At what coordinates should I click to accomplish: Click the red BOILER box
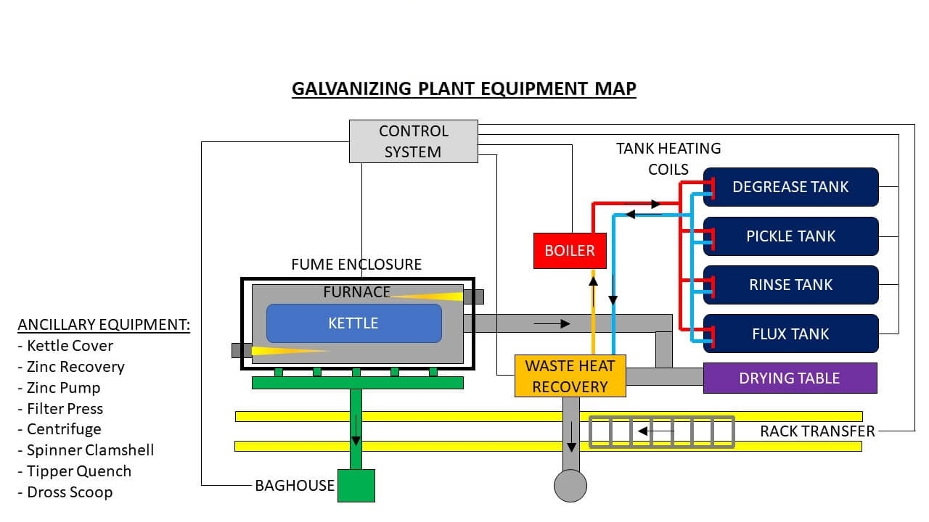click(x=570, y=251)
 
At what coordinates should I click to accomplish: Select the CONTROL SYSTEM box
click(x=413, y=141)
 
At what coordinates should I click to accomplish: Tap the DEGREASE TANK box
click(x=790, y=187)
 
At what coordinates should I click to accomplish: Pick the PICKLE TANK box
click(x=790, y=236)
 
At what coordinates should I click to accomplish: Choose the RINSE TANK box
click(x=790, y=285)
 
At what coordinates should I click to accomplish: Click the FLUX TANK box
click(x=790, y=334)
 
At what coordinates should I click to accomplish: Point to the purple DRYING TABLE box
click(x=790, y=378)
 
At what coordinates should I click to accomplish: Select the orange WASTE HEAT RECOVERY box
click(x=570, y=376)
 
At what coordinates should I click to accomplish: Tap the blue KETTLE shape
click(x=353, y=323)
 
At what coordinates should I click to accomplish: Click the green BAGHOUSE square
click(x=356, y=486)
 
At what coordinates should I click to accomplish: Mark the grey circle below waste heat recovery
click(x=570, y=486)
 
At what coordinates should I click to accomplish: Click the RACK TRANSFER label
click(x=817, y=431)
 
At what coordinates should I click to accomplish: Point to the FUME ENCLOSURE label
click(x=356, y=265)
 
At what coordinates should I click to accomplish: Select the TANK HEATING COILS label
click(x=668, y=159)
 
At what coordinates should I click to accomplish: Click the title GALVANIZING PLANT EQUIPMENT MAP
click(x=464, y=89)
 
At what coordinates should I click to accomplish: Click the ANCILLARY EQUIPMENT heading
click(x=104, y=325)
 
